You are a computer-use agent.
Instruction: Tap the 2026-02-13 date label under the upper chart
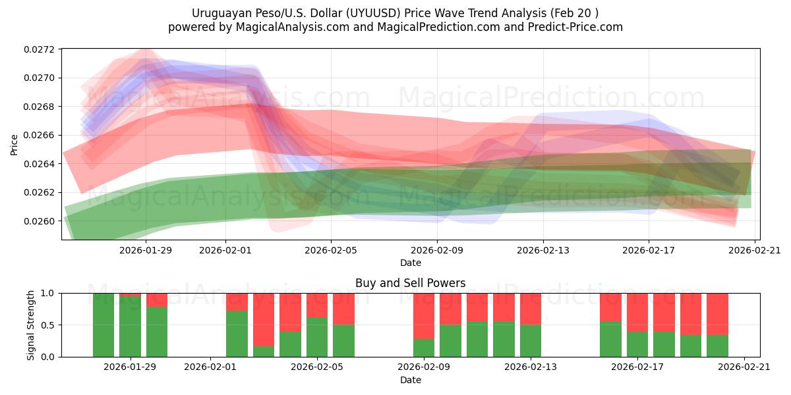tap(542, 250)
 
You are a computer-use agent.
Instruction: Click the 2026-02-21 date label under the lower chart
tap(744, 367)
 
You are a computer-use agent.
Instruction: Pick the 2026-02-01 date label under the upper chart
tap(225, 250)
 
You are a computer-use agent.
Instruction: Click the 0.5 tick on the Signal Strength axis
tap(50, 325)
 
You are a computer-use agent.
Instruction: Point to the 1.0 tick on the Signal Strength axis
tap(50, 294)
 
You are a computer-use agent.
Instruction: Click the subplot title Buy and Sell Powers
tap(410, 283)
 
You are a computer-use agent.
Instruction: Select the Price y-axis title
tap(15, 144)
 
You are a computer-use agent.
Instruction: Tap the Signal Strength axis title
tap(30, 325)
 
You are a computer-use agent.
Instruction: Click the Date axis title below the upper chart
tap(410, 263)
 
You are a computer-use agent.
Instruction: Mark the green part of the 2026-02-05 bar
tap(317, 337)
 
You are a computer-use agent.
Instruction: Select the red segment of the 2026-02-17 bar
tap(637, 312)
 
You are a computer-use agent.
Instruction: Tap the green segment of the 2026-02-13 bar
tap(531, 340)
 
